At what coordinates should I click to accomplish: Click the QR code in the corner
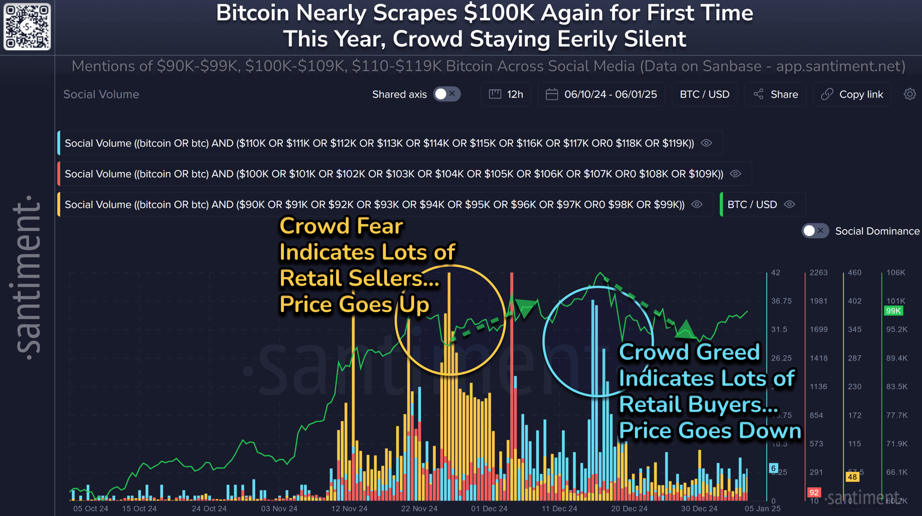(27, 27)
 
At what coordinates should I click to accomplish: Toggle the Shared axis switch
(447, 94)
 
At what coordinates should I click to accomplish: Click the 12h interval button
(506, 94)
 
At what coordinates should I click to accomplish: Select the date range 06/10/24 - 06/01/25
(601, 94)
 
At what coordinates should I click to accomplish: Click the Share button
(776, 94)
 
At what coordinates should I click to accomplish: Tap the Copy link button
(852, 94)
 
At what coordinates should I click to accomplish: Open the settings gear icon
(910, 94)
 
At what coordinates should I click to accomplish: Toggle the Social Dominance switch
(815, 231)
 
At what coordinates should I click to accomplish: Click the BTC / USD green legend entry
(752, 205)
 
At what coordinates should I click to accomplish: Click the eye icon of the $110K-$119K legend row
(707, 143)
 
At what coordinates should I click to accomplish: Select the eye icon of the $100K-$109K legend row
(736, 174)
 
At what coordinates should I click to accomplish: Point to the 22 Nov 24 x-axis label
(419, 509)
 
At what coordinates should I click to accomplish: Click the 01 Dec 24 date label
(489, 509)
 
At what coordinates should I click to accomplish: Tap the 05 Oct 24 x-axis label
(91, 509)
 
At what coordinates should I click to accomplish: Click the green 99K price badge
(893, 311)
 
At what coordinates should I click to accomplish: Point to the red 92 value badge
(814, 493)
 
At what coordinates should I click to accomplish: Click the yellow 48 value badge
(852, 477)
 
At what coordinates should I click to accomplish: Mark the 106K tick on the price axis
(896, 272)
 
